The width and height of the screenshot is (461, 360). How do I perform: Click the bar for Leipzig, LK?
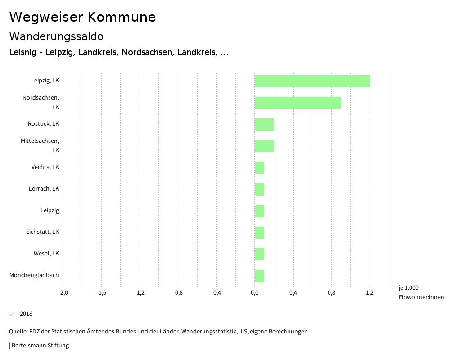point(312,81)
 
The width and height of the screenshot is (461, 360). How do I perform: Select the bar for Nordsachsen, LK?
point(298,103)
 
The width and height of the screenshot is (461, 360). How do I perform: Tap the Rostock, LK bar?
point(264,124)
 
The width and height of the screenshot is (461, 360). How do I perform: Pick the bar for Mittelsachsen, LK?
point(264,146)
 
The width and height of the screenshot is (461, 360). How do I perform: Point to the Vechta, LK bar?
point(259,168)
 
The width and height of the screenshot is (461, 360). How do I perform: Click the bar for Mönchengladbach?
point(259,276)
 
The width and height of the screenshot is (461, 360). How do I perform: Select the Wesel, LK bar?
point(259,254)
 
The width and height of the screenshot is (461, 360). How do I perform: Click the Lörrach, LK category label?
point(44,188)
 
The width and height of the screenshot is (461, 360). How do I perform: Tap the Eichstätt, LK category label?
point(42,232)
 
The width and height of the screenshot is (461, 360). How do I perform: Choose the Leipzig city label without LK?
point(50,210)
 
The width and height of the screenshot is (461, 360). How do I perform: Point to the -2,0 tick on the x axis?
point(63,293)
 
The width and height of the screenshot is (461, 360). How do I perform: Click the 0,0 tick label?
point(254,293)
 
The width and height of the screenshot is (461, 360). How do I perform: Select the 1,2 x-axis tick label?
point(370,293)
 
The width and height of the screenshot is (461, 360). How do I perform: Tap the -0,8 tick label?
point(178,293)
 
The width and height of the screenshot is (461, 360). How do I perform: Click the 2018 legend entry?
point(26,314)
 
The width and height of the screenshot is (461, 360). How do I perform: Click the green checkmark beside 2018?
point(12,314)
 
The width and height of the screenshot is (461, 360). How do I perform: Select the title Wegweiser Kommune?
point(82,17)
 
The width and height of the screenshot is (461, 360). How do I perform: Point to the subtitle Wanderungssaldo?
point(56,36)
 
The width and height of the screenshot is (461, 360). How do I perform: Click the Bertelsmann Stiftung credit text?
point(40,346)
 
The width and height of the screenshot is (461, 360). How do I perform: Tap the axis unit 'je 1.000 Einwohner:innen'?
point(421,292)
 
